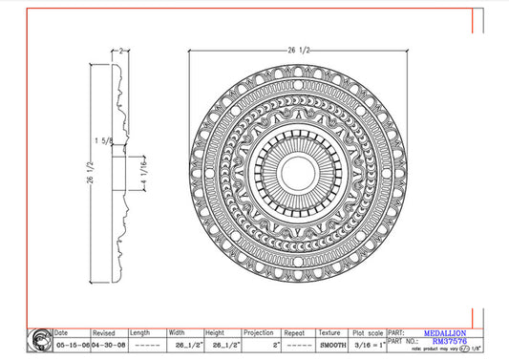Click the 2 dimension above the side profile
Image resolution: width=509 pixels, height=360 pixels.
pos(123,50)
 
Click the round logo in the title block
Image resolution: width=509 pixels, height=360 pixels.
pos(40,339)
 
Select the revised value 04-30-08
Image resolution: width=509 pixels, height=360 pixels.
pos(108,345)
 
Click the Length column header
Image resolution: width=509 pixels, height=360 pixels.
pos(141,333)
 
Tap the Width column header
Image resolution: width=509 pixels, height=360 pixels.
pos(179,333)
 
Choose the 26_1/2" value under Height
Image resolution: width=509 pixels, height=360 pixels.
pos(223,345)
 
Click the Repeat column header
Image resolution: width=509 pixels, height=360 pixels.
pos(295,333)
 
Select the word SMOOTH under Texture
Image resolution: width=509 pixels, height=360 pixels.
pos(331,345)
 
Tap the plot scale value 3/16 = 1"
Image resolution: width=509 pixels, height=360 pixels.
pos(368,345)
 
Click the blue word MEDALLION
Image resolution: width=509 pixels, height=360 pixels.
pos(445,332)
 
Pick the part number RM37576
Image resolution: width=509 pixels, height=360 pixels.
pos(445,341)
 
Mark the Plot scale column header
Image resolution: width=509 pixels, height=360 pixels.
pos(368,333)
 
